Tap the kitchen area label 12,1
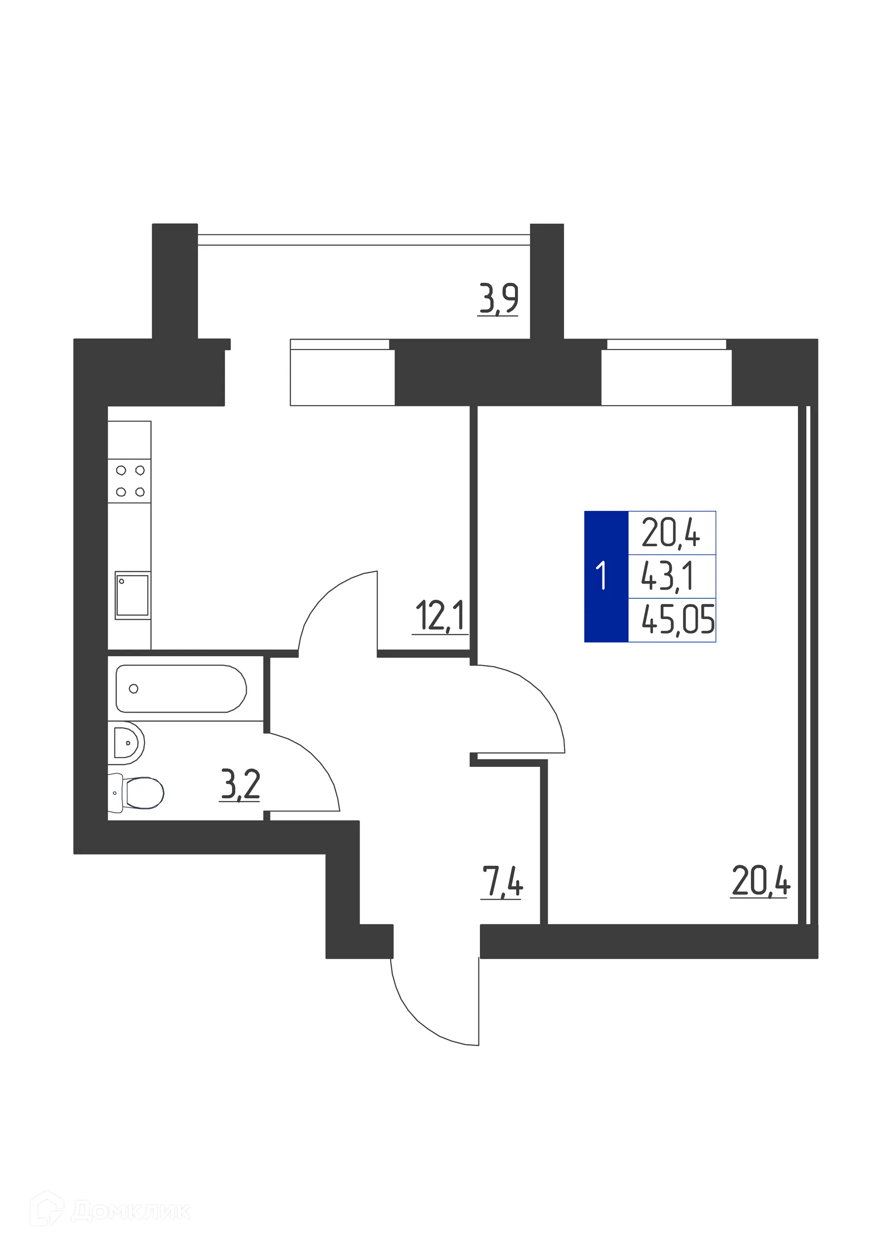(440, 616)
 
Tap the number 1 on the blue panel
(601, 576)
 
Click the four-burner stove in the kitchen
(130, 481)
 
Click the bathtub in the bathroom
(181, 689)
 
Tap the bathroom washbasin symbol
(128, 743)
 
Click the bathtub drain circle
(134, 689)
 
